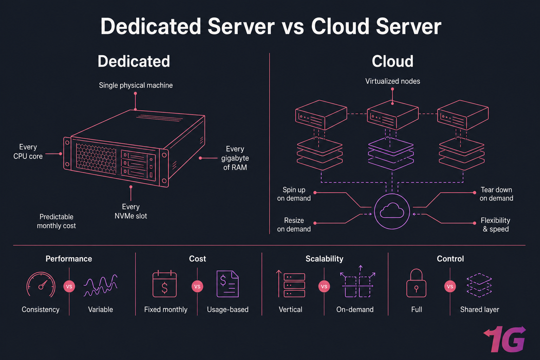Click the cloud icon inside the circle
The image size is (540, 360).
392,211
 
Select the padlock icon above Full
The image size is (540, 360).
416,284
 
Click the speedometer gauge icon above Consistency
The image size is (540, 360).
41,285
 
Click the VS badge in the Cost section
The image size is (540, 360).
197,287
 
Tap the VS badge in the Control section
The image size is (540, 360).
450,287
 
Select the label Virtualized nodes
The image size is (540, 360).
392,81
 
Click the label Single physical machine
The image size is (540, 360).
136,85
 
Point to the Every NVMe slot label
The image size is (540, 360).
131,211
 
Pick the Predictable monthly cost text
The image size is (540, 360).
56,221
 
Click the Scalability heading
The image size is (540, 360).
324,259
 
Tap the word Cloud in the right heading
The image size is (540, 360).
392,62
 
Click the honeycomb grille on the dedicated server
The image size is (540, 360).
96,158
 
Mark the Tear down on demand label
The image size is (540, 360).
496,194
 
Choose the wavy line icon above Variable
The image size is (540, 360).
101,285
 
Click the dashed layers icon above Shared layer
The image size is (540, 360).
479,285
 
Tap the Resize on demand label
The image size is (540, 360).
294,225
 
